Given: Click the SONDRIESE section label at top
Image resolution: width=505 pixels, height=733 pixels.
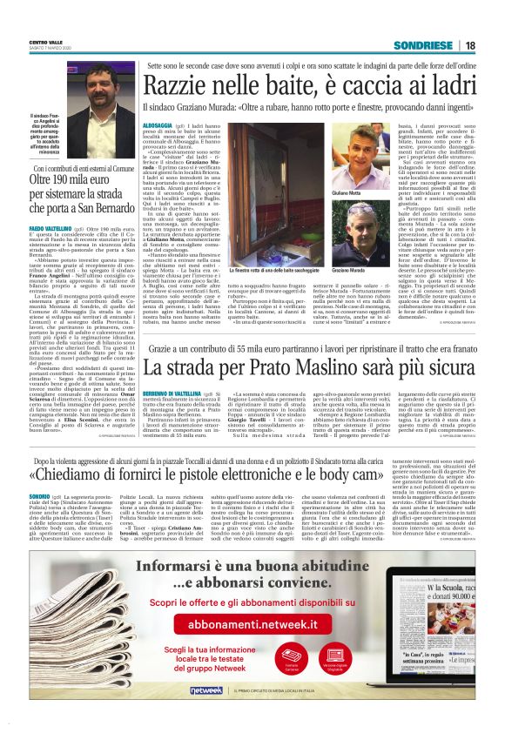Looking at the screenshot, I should (x=422, y=45).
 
